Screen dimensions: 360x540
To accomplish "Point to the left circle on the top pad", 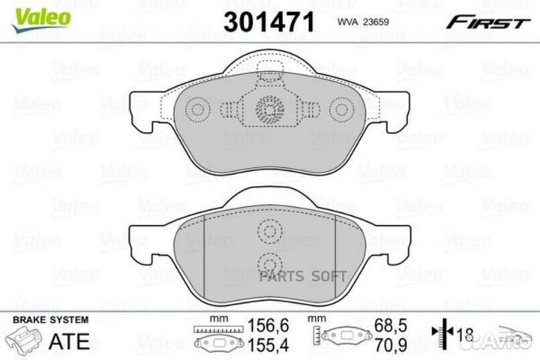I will click(198, 110).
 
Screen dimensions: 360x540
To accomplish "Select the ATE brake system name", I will click(69, 341).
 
